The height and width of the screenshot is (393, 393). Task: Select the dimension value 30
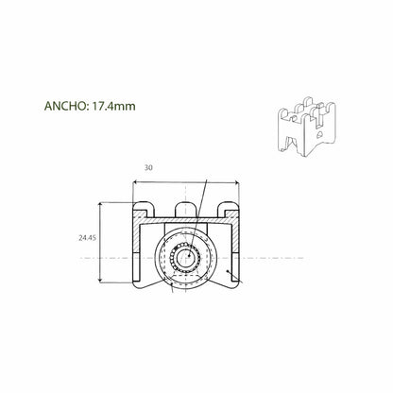[x=148, y=168]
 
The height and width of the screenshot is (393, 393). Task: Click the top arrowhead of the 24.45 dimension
[x=103, y=205]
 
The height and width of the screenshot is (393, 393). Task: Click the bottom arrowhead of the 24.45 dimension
[x=103, y=281]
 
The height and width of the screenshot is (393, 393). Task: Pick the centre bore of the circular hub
[x=187, y=256]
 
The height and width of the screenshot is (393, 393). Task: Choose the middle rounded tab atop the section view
[x=187, y=207]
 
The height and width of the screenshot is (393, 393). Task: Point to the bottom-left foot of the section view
[x=142, y=281]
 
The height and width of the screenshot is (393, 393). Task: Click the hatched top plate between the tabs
[x=166, y=218]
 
